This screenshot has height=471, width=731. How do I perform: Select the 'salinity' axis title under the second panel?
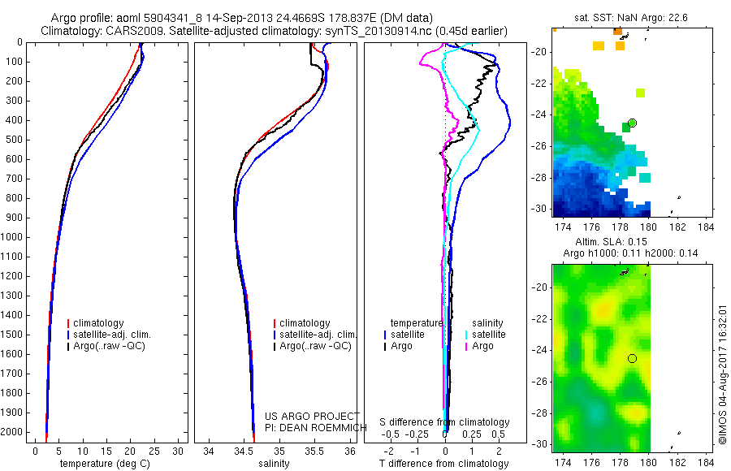(274, 464)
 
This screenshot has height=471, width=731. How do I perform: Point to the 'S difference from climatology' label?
(445, 422)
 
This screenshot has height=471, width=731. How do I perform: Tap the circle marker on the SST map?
(632, 123)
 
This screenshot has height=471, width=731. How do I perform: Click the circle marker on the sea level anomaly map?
(632, 358)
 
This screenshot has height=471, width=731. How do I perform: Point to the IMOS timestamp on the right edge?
(723, 374)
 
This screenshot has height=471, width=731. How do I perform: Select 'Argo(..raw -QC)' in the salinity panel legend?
(315, 346)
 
